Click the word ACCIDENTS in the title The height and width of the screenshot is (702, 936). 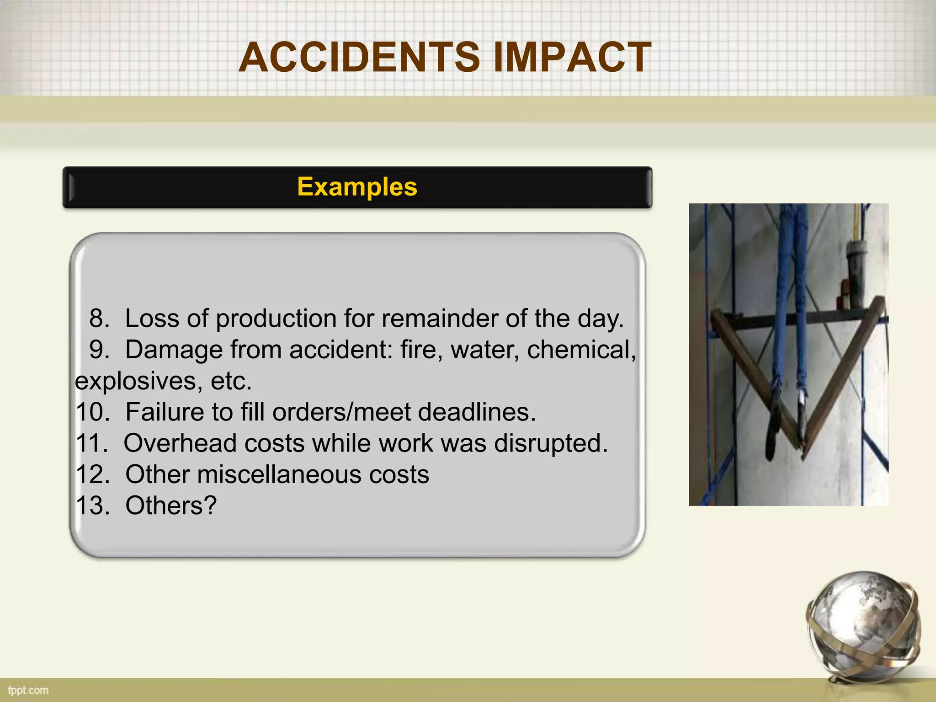pyautogui.click(x=359, y=58)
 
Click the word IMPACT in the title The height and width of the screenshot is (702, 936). pyautogui.click(x=572, y=58)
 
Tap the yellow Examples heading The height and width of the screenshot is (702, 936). pyautogui.click(x=357, y=187)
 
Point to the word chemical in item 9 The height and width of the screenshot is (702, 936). pyautogui.click(x=581, y=350)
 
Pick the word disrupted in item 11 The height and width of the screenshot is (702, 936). pyautogui.click(x=551, y=443)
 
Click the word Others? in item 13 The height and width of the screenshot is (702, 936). pyautogui.click(x=171, y=505)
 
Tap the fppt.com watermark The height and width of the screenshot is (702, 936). pyautogui.click(x=28, y=690)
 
